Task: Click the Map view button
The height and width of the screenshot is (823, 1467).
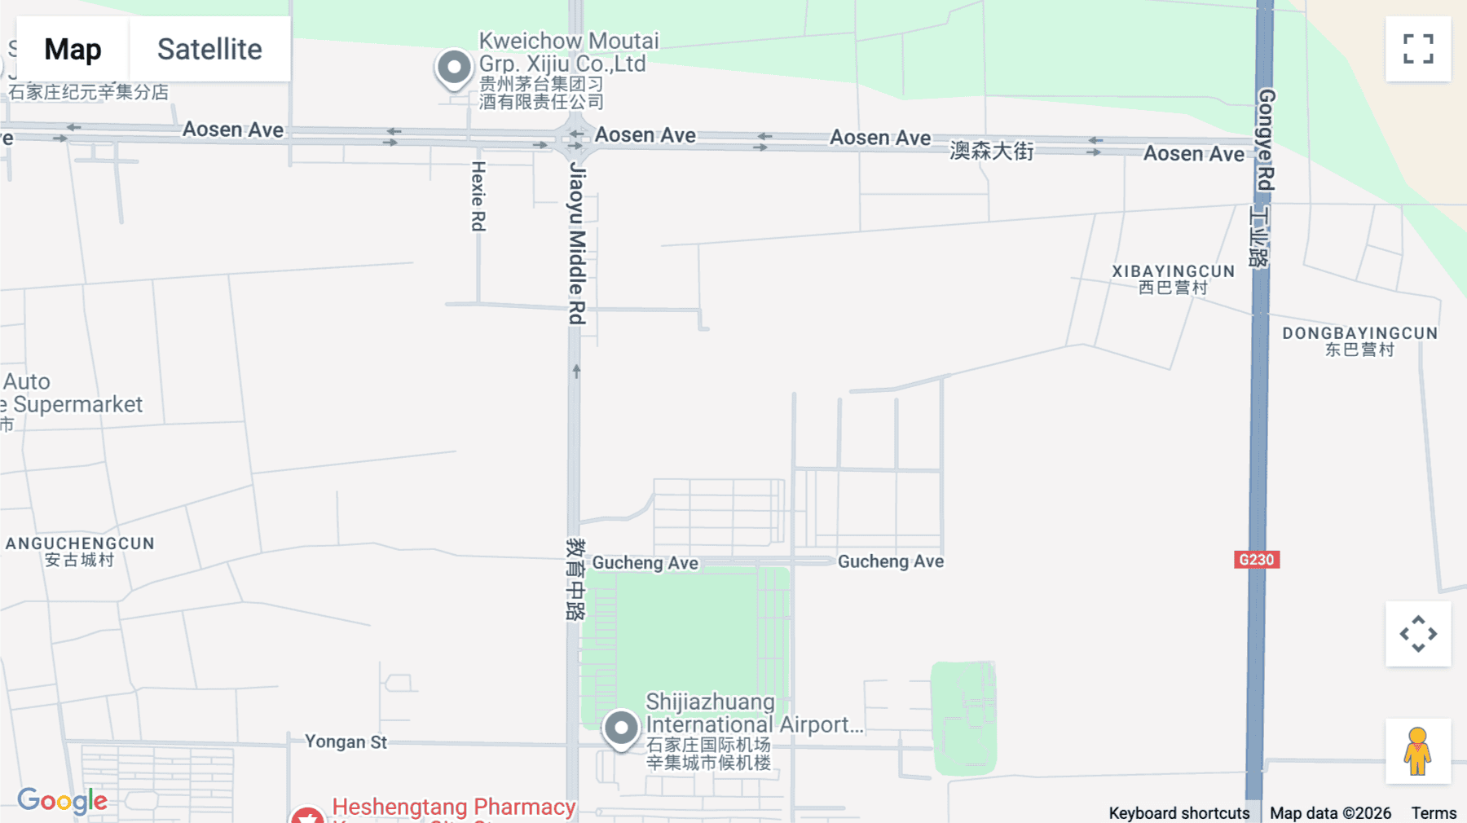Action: click(x=73, y=49)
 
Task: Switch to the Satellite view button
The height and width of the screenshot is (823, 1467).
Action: click(x=209, y=49)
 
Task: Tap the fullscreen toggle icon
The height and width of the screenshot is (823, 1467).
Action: click(x=1418, y=49)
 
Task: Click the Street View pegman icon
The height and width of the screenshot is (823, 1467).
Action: click(x=1418, y=751)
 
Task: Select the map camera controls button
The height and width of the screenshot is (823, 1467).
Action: click(x=1418, y=634)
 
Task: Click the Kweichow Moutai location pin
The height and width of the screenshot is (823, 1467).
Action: click(x=454, y=68)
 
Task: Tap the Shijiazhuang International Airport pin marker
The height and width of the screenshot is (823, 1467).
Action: click(x=621, y=728)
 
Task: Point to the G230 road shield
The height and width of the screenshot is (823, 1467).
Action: click(x=1256, y=560)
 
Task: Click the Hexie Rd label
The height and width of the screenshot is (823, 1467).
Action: click(x=478, y=196)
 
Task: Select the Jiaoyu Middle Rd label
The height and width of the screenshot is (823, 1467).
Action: click(x=577, y=243)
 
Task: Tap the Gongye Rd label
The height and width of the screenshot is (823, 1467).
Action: click(x=1266, y=139)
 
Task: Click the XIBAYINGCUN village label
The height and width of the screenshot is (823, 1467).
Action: click(x=1173, y=271)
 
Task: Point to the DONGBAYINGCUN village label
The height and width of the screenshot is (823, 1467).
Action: click(x=1359, y=333)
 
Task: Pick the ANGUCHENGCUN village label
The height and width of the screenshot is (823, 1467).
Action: click(x=80, y=544)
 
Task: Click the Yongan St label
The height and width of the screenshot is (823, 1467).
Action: click(x=346, y=742)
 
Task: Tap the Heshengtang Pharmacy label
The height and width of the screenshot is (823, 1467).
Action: click(x=453, y=807)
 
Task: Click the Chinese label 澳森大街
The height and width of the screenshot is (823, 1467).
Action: click(x=991, y=151)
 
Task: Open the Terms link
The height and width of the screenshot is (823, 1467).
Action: click(x=1434, y=813)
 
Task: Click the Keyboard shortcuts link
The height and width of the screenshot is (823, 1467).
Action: click(x=1178, y=813)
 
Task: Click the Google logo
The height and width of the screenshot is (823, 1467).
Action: click(x=62, y=801)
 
